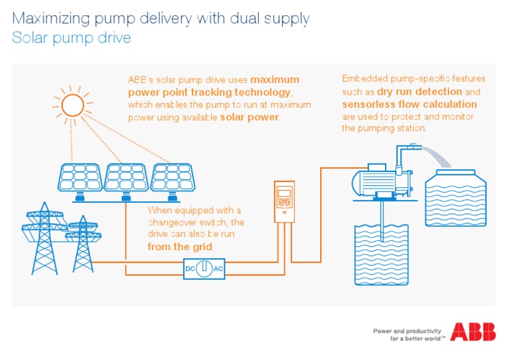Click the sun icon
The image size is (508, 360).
71,105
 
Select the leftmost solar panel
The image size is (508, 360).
80,177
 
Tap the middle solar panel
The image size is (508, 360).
126,177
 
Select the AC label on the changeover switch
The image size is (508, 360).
219,269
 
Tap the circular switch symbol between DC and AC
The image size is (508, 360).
206,269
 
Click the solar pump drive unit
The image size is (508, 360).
284,202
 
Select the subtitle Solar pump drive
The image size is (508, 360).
71,38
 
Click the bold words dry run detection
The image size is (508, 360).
419,92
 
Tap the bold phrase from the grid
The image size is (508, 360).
180,247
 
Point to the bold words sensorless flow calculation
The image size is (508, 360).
409,104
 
